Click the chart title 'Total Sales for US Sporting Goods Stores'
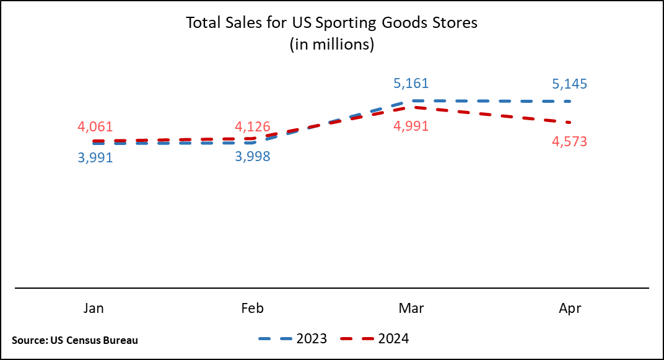click(332, 24)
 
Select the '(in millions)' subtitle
click(332, 45)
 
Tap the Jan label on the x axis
click(94, 308)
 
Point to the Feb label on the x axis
click(252, 308)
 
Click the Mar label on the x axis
click(411, 308)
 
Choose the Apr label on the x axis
click(570, 308)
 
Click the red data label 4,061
click(95, 127)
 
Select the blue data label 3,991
click(95, 158)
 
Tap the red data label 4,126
click(253, 127)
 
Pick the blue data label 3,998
click(253, 157)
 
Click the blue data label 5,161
click(411, 84)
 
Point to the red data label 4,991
click(411, 126)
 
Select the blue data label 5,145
click(569, 84)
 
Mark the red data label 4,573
click(569, 142)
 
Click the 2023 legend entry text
click(312, 338)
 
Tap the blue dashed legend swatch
click(275, 339)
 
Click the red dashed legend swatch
click(357, 339)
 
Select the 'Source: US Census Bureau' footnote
click(75, 340)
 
